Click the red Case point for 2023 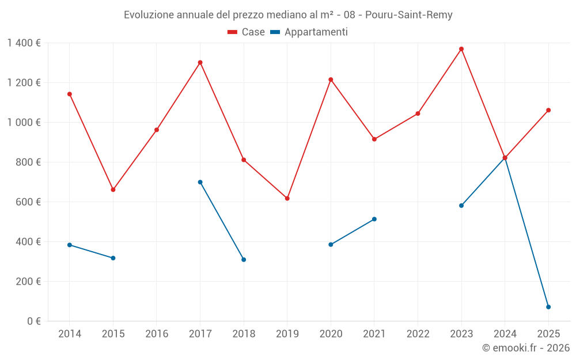[x=461, y=49]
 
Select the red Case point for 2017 [x=200, y=62]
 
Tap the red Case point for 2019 [x=287, y=198]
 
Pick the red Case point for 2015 [x=113, y=190]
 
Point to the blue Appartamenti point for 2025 [x=548, y=307]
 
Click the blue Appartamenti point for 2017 [x=200, y=182]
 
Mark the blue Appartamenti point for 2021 [x=374, y=219]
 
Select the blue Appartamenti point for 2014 [x=70, y=245]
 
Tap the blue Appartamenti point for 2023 [x=461, y=206]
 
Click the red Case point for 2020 [x=331, y=79]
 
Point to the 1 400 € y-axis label [x=24, y=43]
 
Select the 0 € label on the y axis [x=34, y=321]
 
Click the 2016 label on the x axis [x=157, y=334]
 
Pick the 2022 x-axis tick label [x=418, y=334]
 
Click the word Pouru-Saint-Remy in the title [x=409, y=15]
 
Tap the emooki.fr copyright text [x=526, y=348]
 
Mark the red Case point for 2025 [x=548, y=110]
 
